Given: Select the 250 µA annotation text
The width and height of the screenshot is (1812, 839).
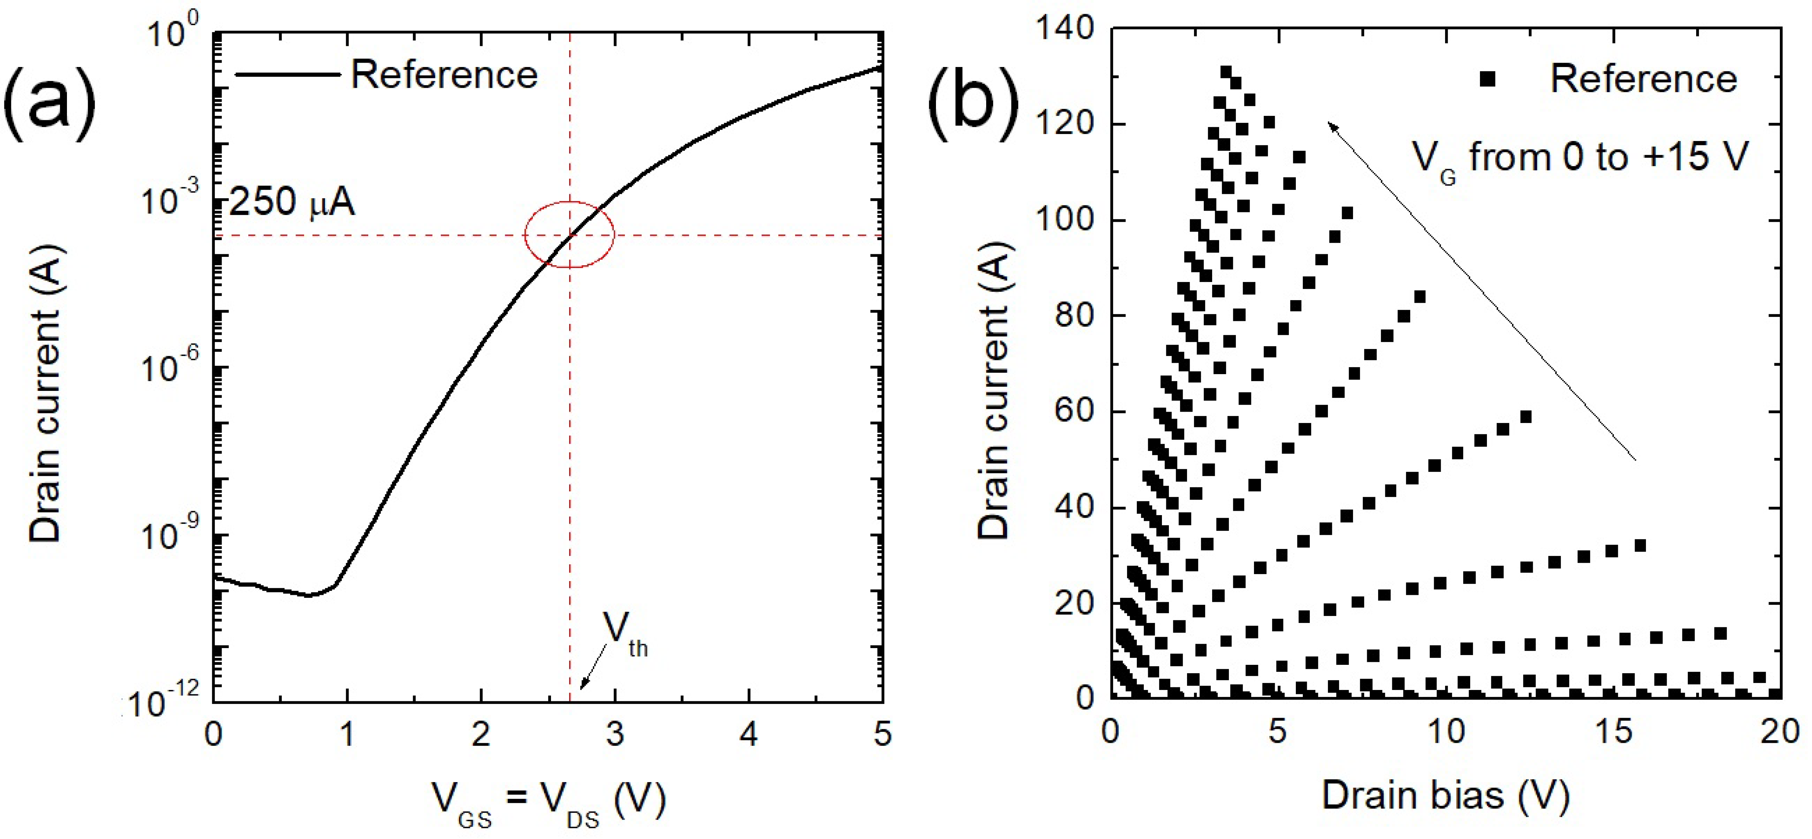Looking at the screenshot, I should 292,202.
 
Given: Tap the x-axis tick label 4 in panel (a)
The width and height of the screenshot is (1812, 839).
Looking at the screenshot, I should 749,734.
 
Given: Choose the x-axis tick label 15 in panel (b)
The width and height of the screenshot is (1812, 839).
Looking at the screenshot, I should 1612,732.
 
